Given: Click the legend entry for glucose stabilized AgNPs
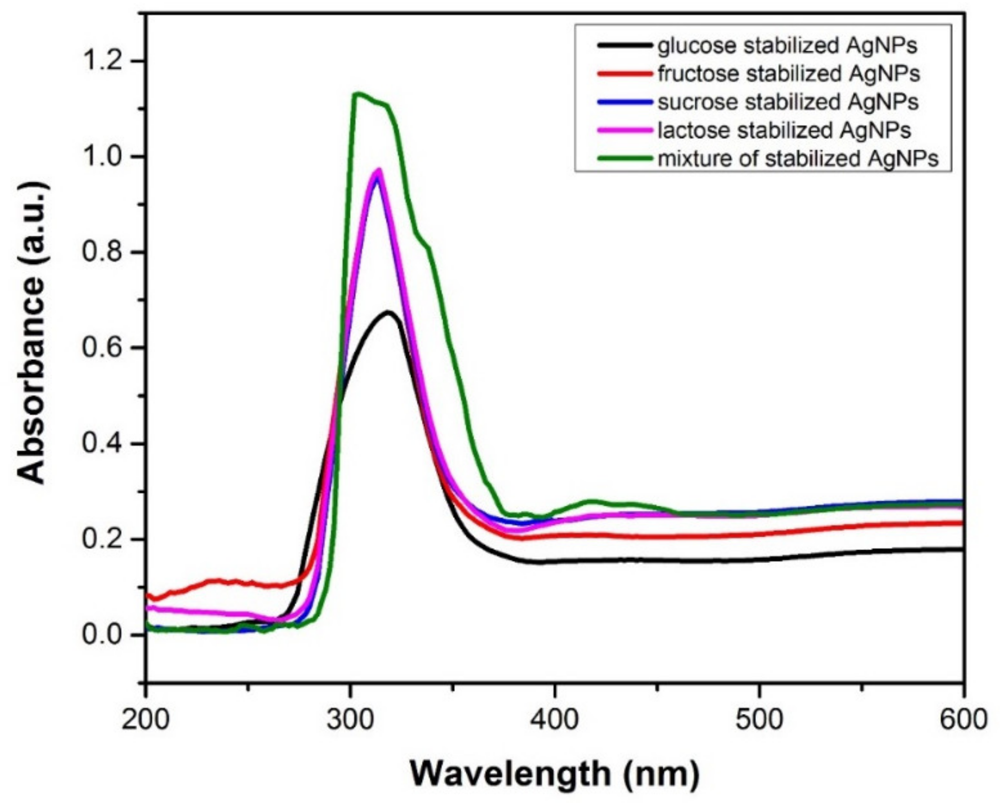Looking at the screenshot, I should (x=787, y=46).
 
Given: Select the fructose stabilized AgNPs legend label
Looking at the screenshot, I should (x=788, y=74).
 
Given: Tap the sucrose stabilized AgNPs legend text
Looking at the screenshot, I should (x=788, y=102).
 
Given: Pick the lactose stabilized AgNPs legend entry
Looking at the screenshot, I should (x=784, y=130).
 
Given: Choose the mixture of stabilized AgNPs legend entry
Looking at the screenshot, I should (x=798, y=158).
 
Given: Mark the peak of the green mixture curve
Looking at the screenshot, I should (x=358, y=93).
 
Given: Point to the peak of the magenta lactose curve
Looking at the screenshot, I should (x=379, y=170).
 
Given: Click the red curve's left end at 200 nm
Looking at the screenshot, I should (x=148, y=595).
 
